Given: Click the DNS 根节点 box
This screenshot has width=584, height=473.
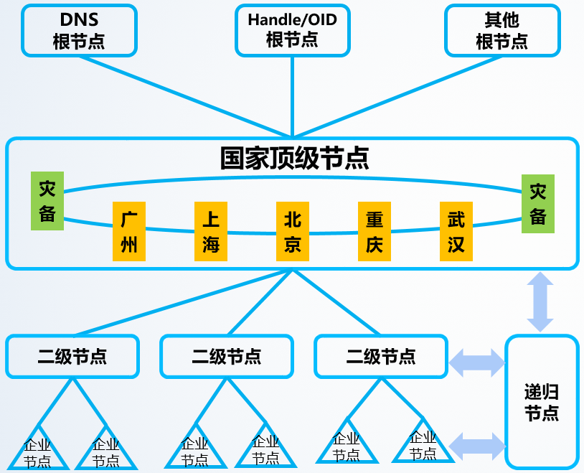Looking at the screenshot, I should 79,30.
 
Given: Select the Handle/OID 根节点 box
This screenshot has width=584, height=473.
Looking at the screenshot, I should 292,30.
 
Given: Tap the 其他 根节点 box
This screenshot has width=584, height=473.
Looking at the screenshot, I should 501,30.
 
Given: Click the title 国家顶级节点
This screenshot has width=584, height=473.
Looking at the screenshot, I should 294,158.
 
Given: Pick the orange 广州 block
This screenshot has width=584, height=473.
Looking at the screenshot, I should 129,230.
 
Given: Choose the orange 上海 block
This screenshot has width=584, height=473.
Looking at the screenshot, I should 211,230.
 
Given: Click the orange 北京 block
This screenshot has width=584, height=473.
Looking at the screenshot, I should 292,230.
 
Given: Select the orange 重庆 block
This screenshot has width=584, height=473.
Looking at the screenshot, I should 374,230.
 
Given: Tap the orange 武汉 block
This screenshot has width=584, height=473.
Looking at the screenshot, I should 456,230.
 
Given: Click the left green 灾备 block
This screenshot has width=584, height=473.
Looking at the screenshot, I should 47,201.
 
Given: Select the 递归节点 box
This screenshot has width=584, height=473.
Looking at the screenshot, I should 542,402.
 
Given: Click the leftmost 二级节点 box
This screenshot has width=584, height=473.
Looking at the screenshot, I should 72,356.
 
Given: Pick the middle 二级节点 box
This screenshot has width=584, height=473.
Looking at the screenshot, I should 227,356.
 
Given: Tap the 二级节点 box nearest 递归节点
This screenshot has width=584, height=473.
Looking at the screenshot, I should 381,356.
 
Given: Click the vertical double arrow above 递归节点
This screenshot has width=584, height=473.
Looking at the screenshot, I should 540,301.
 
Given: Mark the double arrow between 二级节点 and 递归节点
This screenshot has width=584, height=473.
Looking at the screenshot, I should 477,362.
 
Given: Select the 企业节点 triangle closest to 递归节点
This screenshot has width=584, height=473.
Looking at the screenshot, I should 423,447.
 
